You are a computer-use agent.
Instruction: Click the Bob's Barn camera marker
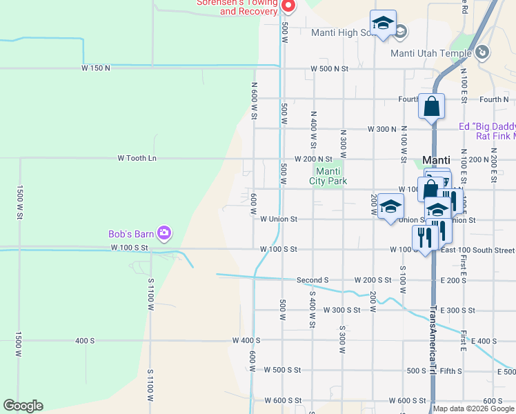click(x=164, y=233)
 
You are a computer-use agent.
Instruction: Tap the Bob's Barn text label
click(x=130, y=234)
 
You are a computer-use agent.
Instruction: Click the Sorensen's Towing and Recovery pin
click(x=289, y=6)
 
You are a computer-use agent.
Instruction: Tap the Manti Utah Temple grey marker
click(x=483, y=52)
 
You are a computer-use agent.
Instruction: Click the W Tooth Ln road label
click(x=137, y=158)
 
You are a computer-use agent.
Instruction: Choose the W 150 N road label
click(x=96, y=68)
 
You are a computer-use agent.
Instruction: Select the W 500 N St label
click(x=330, y=69)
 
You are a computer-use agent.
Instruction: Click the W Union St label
click(x=279, y=219)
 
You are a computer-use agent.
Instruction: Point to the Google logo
click(x=23, y=406)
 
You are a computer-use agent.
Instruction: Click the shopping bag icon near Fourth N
click(x=432, y=106)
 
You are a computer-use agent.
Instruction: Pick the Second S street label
click(x=312, y=280)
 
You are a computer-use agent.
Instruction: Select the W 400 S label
click(x=246, y=340)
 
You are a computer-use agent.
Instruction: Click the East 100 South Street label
click(x=477, y=250)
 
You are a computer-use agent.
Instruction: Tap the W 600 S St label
click(x=283, y=400)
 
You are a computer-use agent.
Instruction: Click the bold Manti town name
click(x=436, y=159)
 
